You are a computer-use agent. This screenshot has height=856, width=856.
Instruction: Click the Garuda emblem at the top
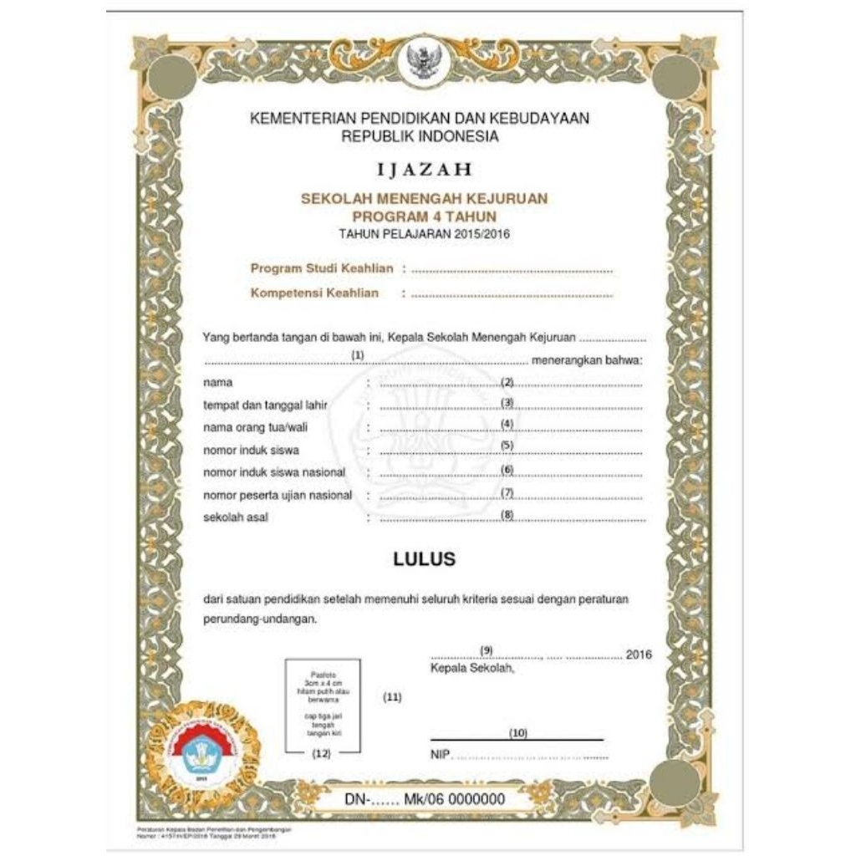[425, 61]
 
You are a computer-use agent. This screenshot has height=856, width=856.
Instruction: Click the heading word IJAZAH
[425, 170]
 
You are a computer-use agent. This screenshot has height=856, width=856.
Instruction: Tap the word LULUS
[425, 559]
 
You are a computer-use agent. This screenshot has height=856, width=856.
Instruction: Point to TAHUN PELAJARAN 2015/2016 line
[425, 234]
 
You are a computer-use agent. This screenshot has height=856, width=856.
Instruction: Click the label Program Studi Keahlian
[322, 268]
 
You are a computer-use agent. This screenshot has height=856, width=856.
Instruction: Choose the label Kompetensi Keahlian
[314, 293]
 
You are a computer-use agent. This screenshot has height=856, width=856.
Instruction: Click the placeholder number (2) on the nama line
[507, 381]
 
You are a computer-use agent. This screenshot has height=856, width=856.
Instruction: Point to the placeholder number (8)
[507, 513]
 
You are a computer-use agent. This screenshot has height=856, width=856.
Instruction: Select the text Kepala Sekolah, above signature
[472, 669]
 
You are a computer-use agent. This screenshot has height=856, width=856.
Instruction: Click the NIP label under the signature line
[440, 756]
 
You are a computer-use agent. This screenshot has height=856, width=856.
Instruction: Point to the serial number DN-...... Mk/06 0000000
[425, 799]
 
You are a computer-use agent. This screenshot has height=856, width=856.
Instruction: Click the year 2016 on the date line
[639, 655]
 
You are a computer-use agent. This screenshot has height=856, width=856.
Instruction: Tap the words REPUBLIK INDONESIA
[420, 136]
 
